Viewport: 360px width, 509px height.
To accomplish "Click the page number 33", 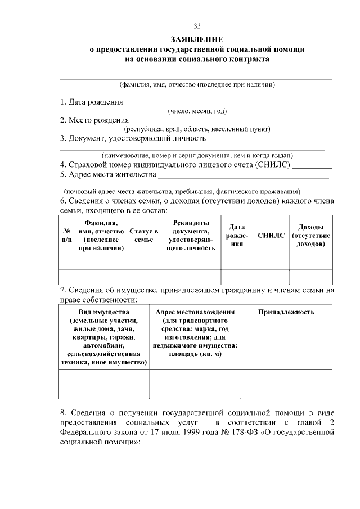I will click(x=197, y=26).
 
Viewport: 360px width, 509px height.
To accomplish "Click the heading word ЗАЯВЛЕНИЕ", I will click(x=197, y=39).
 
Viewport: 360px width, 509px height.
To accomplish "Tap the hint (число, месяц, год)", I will click(x=197, y=111).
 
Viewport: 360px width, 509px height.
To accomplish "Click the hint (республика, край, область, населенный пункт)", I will click(x=197, y=129).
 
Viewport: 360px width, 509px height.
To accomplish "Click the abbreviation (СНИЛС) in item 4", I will click(x=273, y=165).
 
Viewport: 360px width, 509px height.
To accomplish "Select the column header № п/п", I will click(x=66, y=235).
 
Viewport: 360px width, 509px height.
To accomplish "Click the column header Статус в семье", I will click(x=143, y=235).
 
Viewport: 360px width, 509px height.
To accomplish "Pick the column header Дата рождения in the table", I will click(x=236, y=235).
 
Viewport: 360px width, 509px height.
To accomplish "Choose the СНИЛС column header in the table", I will click(x=271, y=235).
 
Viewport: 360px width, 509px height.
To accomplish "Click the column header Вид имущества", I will click(x=104, y=312).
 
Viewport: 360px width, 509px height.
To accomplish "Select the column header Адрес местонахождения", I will click(x=195, y=312).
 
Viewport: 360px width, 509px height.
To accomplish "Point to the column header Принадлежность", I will click(x=286, y=312).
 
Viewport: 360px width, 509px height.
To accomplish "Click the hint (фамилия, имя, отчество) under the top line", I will click(x=197, y=85).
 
